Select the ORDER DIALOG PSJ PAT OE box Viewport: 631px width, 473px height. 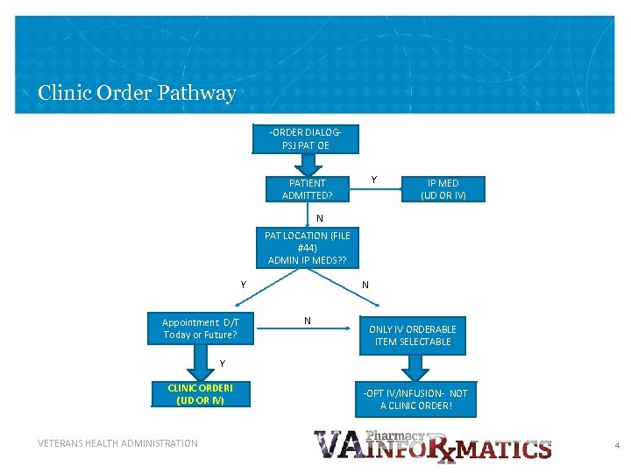point(306,139)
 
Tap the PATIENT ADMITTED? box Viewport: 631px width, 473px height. point(307,188)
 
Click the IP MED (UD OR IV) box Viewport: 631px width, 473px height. point(443,189)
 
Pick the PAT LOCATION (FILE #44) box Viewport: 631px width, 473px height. point(307,248)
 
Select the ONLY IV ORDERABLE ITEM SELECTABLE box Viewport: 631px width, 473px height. point(412,335)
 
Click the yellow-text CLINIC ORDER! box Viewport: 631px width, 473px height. point(200,394)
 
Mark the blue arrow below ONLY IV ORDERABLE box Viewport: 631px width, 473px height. point(413,367)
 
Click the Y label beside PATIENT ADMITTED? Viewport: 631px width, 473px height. point(374,180)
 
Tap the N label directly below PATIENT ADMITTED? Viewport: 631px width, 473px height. point(320,218)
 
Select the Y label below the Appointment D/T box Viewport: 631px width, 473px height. point(223,364)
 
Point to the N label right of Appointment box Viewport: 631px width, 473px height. point(307,321)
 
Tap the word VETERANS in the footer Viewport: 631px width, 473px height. point(60,443)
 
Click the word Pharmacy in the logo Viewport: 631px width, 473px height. point(395,435)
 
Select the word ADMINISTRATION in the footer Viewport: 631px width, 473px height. point(164,443)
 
